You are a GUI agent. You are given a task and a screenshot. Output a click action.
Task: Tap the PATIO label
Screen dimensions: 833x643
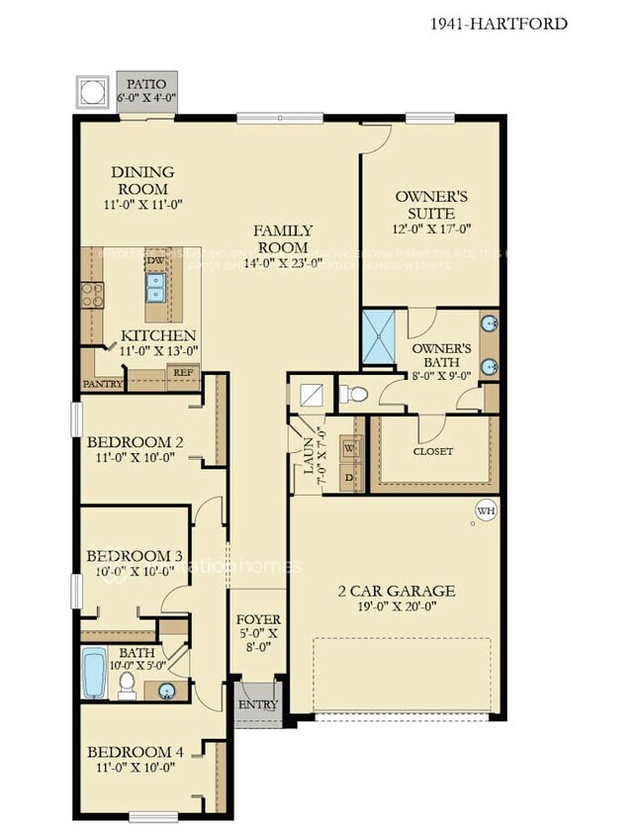(x=147, y=84)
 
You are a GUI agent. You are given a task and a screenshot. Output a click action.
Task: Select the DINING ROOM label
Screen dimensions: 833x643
(x=142, y=180)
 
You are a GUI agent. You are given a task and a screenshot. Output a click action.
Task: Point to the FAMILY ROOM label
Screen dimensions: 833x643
(x=282, y=238)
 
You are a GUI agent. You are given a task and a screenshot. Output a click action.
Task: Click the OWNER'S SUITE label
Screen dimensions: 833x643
(x=424, y=205)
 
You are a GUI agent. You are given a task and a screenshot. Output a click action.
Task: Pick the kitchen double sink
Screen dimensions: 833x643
(x=156, y=288)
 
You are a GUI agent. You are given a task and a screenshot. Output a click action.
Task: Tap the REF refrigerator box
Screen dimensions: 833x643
(x=183, y=374)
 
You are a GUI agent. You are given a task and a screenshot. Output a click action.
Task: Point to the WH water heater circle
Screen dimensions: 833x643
(x=485, y=510)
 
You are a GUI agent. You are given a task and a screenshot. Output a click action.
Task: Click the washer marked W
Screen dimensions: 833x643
(x=348, y=447)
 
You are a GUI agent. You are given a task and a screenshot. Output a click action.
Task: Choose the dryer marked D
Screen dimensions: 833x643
(x=348, y=476)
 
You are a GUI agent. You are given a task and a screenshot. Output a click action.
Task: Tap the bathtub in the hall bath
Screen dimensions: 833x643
(x=93, y=673)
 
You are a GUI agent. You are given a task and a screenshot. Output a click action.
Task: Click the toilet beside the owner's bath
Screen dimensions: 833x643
(x=353, y=395)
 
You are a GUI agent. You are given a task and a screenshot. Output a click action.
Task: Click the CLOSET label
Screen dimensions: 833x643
(x=432, y=451)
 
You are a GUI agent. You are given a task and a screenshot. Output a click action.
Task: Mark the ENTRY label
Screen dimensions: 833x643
(x=252, y=704)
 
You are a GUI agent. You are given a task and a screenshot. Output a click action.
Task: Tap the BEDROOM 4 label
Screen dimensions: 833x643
(x=136, y=752)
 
